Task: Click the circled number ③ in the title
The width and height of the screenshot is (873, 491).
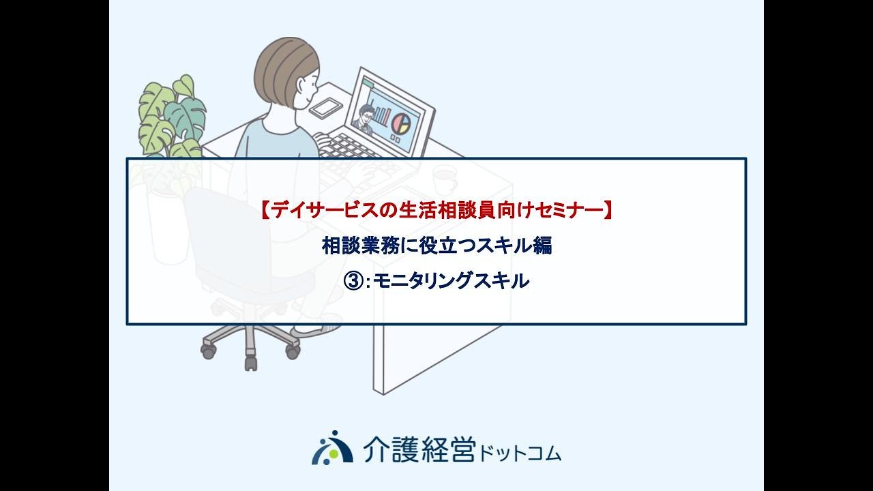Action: pyautogui.click(x=353, y=282)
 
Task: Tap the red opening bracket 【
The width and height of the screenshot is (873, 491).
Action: pyautogui.click(x=265, y=211)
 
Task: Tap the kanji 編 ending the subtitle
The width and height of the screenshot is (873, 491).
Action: pyautogui.click(x=542, y=246)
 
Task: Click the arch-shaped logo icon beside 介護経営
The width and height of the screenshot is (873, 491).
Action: pyautogui.click(x=332, y=447)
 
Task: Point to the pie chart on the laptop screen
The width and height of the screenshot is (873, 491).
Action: pyautogui.click(x=402, y=121)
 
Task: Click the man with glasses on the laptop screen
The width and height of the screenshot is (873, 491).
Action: pyautogui.click(x=364, y=117)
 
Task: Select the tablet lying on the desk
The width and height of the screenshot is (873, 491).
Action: pyautogui.click(x=326, y=108)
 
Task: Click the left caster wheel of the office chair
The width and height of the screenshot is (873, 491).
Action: pyautogui.click(x=208, y=351)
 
